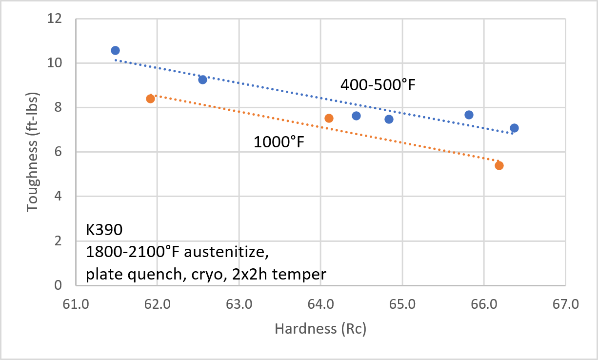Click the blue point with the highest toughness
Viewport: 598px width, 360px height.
tap(115, 50)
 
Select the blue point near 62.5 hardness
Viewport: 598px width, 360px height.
tap(202, 80)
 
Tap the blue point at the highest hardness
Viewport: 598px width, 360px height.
tap(514, 128)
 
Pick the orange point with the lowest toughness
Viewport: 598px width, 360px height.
tap(499, 165)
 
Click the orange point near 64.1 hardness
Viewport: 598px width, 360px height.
tap(329, 118)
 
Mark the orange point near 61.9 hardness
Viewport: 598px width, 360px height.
tap(150, 99)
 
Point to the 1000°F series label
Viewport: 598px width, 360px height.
tap(279, 142)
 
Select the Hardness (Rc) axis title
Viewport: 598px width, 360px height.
tap(320, 329)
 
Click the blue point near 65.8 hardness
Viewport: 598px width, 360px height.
tap(469, 115)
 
